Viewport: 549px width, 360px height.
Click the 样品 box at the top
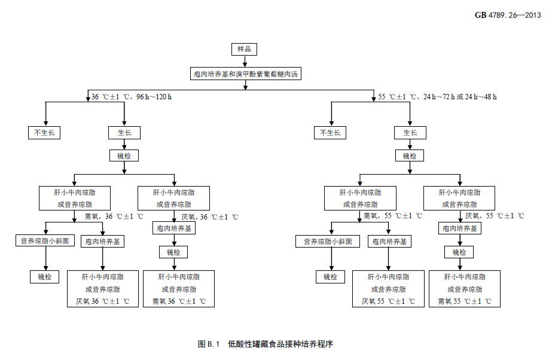(244, 49)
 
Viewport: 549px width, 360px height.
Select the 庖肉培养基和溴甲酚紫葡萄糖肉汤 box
(245, 74)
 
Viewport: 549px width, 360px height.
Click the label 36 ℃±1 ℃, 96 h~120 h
(132, 96)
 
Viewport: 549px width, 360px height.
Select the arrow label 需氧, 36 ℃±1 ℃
(114, 216)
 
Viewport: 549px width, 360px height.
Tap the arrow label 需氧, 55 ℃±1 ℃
(393, 216)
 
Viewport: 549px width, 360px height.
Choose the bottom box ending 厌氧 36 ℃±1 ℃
(103, 289)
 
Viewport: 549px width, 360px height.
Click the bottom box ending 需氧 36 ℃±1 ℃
(178, 289)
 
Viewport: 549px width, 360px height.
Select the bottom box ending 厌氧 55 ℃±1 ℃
(388, 289)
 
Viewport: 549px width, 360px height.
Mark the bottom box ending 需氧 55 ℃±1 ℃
(464, 289)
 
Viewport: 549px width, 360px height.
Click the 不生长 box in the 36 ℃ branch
(45, 132)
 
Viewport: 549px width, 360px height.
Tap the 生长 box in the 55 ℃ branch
(410, 132)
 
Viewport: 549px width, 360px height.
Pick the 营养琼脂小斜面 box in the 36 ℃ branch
(45, 241)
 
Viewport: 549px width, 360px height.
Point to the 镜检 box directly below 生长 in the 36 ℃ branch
(124, 155)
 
